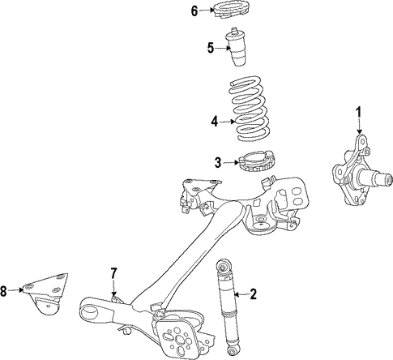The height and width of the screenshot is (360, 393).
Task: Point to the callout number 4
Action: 215,122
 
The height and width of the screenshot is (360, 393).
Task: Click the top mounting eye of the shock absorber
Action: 224,266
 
